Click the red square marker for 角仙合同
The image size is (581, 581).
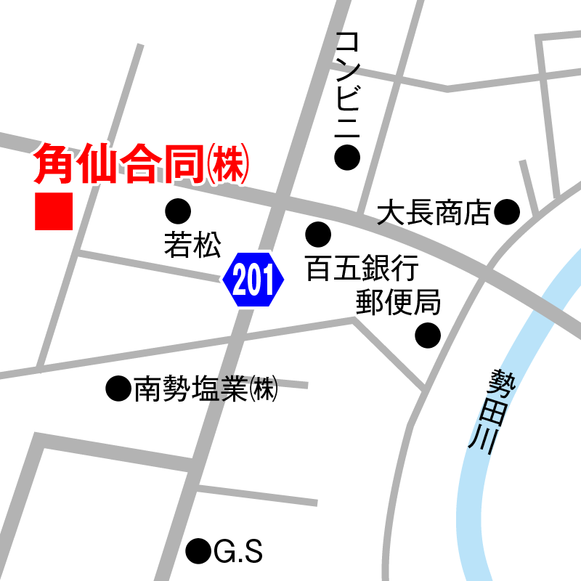pyautogui.click(x=54, y=211)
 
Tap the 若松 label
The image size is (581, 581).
pyautogui.click(x=192, y=245)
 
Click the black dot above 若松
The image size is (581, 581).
pyautogui.click(x=178, y=211)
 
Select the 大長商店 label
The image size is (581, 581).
pyautogui.click(x=434, y=213)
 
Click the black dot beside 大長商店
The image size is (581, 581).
pyautogui.click(x=507, y=212)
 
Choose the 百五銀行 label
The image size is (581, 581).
pyautogui.click(x=362, y=268)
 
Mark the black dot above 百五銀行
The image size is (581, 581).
pyautogui.click(x=318, y=234)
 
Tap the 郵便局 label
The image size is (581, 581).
pyautogui.click(x=398, y=301)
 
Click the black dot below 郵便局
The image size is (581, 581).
pyautogui.click(x=428, y=335)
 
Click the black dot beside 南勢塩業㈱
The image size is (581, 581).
pyautogui.click(x=117, y=389)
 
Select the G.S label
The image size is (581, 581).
pyautogui.click(x=238, y=553)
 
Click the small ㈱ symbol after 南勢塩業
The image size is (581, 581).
pyautogui.click(x=264, y=390)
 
